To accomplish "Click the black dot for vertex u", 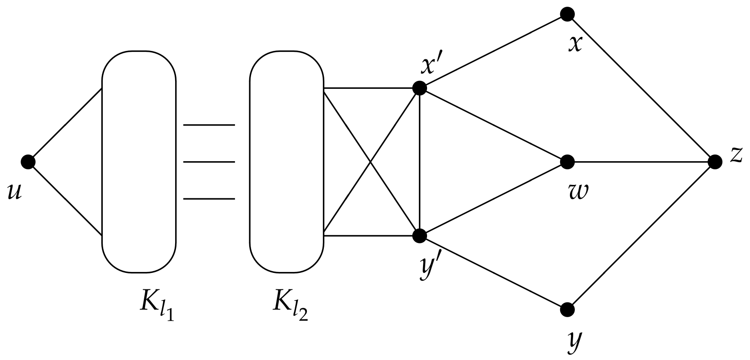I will coord(28,162).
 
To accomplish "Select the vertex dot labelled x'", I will coord(419,88).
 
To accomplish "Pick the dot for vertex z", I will coord(715,162).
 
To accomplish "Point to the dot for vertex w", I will coord(567,162).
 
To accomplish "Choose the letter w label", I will coord(576,192).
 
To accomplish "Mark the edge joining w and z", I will coord(641,162).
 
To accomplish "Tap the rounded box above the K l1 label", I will coord(139,161).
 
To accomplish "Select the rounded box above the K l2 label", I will coord(286,161).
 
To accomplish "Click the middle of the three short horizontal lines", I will coord(209,162).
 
